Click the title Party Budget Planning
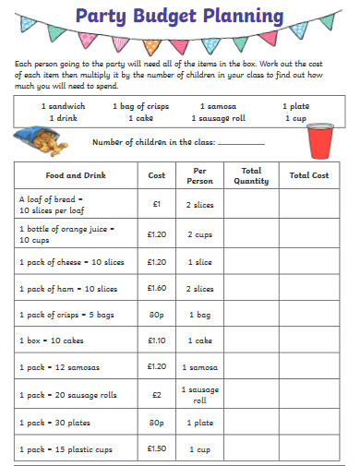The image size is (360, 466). [x=179, y=16]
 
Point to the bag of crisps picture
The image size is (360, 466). [x=42, y=140]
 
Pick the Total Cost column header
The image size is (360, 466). [x=308, y=175]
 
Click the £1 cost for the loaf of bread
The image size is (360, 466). [x=156, y=204]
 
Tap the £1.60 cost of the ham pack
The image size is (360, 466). [x=156, y=288]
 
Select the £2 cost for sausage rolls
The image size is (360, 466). [x=156, y=394]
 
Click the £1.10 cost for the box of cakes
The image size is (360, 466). [x=156, y=341]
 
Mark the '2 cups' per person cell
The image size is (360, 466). [x=200, y=234]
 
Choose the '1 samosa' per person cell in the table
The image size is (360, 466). [x=200, y=367]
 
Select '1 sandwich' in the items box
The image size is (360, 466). [x=62, y=106]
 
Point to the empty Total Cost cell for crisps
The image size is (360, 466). [x=308, y=315]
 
